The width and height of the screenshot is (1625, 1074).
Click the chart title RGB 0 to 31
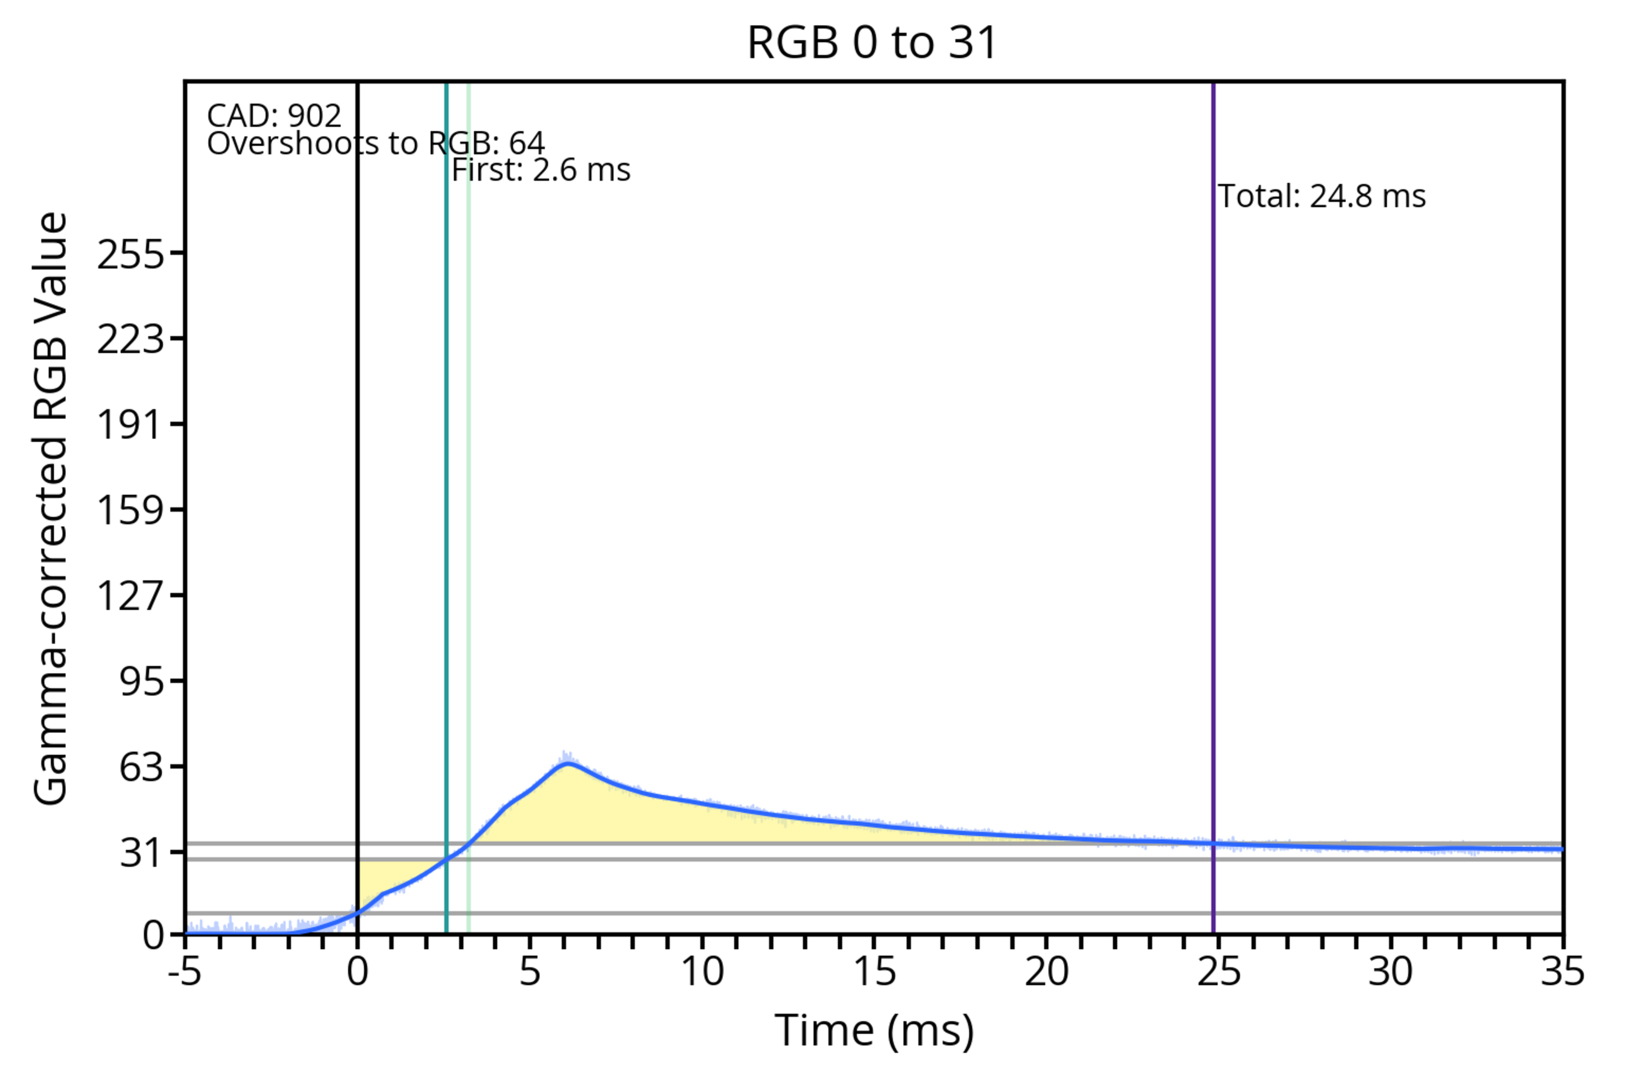[x=872, y=42]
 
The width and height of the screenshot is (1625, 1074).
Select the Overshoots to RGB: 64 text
[x=376, y=143]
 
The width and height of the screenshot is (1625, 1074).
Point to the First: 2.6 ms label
[x=541, y=170]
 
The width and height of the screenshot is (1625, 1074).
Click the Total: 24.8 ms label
[x=1322, y=197]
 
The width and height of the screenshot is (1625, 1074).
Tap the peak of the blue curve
[x=567, y=763]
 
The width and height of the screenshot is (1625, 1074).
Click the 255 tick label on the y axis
[x=131, y=255]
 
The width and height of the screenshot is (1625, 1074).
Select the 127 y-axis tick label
[x=131, y=595]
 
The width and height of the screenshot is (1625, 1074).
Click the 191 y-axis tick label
[x=131, y=425]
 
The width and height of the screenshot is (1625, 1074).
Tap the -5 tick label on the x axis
[x=185, y=971]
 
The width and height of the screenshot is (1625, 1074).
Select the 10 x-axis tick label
[x=702, y=971]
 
